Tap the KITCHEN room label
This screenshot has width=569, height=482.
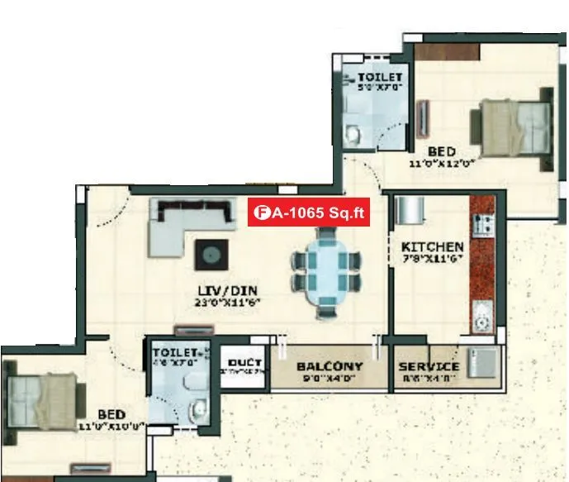(x=432, y=247)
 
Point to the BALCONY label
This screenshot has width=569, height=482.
(x=330, y=366)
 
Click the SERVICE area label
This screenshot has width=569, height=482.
(x=429, y=366)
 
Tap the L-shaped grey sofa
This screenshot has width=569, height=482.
(x=178, y=225)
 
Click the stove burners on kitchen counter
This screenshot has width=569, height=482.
(x=482, y=223)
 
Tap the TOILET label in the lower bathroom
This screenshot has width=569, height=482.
(x=174, y=352)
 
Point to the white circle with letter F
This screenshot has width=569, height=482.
(x=262, y=212)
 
